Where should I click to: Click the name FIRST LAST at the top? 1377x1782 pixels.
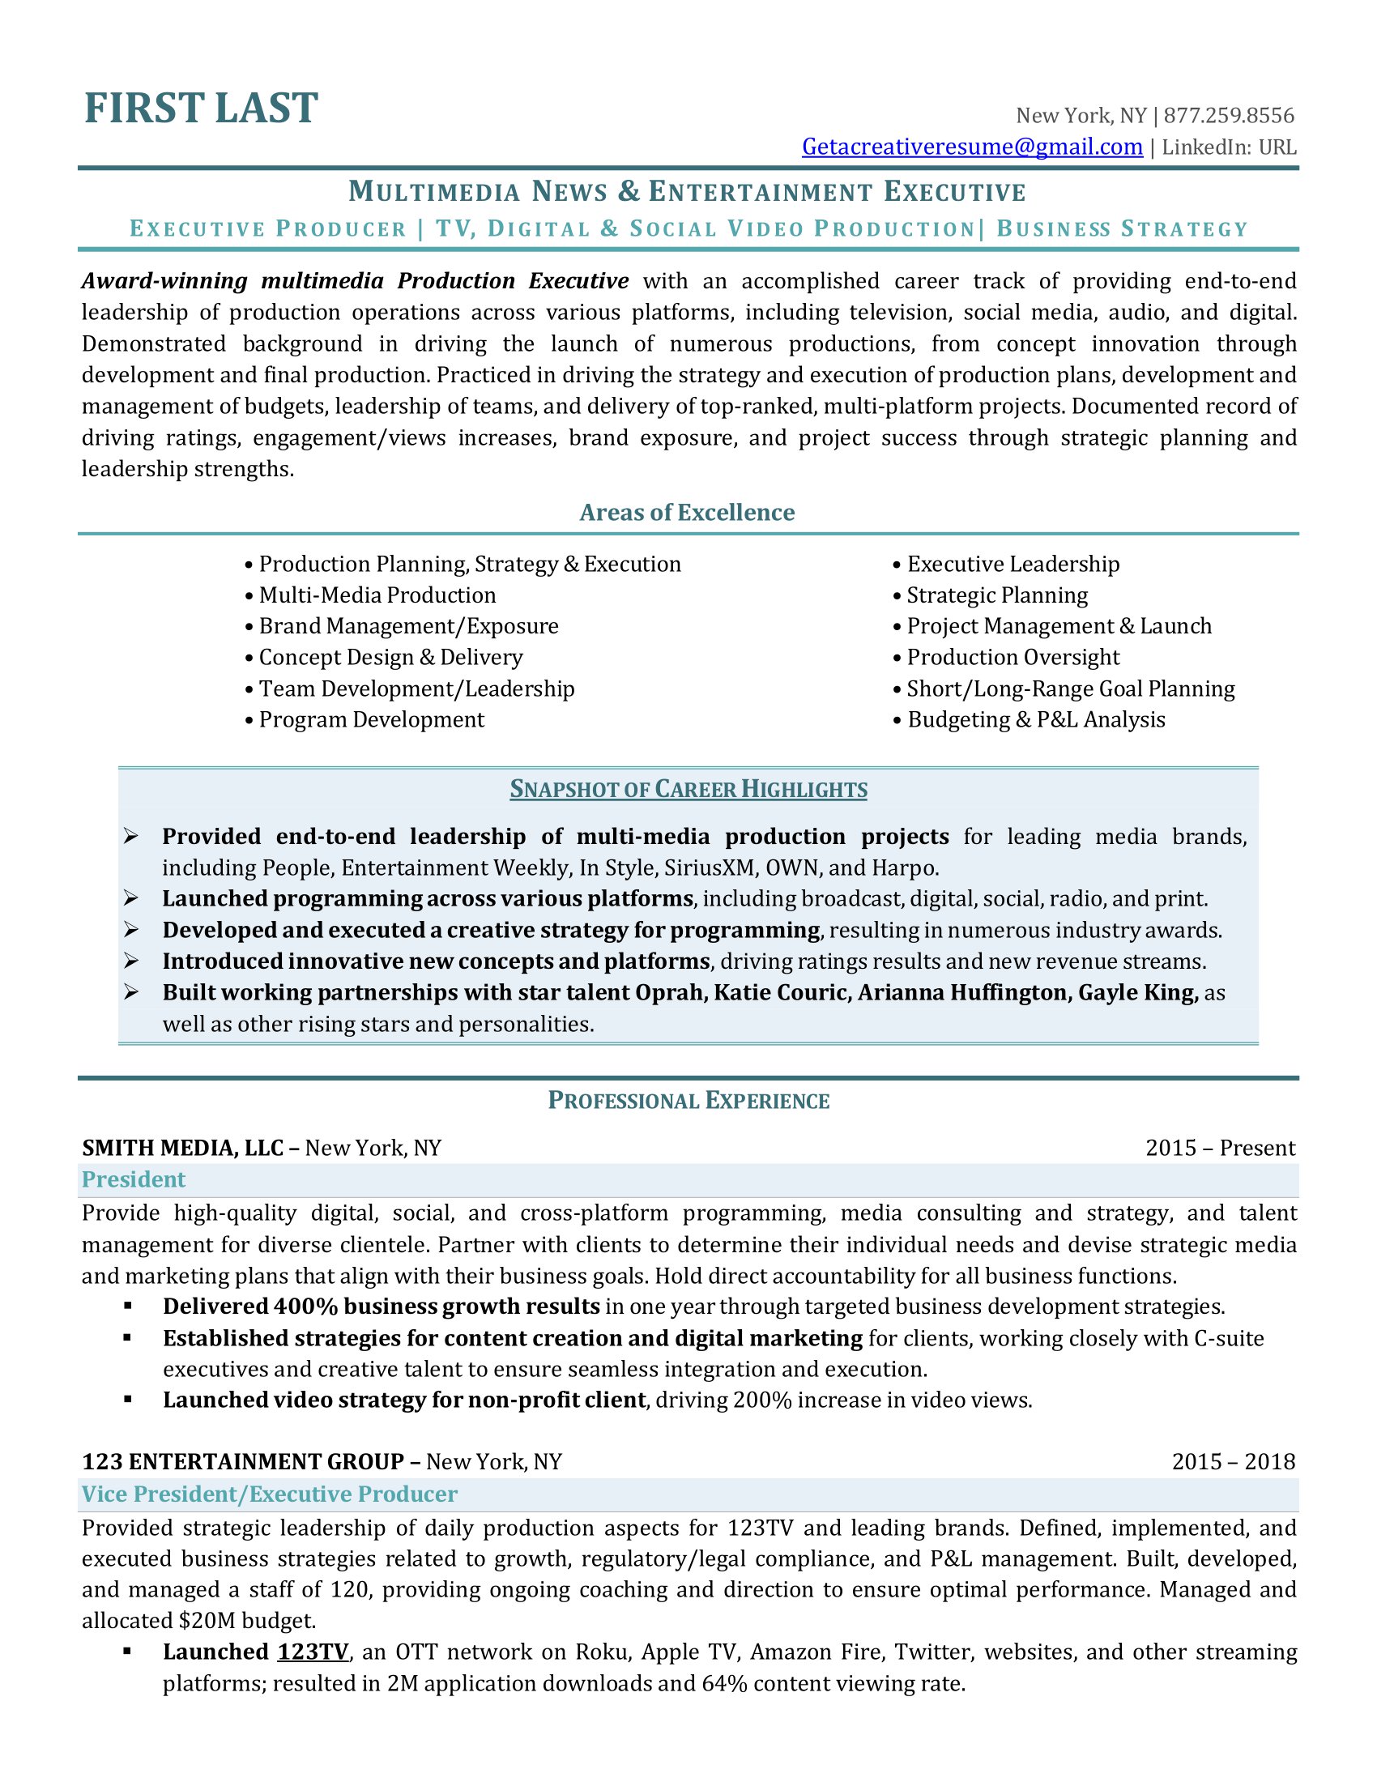[x=201, y=109]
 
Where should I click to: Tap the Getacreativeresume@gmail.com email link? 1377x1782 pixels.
[x=971, y=147]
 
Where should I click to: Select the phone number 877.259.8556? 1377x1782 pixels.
[x=1229, y=116]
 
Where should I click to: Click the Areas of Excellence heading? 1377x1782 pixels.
[x=687, y=513]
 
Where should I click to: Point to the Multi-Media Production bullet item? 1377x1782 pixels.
[x=377, y=595]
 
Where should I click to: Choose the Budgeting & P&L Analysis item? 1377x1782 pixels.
[x=1036, y=719]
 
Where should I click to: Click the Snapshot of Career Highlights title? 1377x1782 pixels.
[x=688, y=790]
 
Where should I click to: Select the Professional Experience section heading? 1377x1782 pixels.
[x=688, y=1101]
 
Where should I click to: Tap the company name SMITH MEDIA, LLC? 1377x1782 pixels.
[x=183, y=1148]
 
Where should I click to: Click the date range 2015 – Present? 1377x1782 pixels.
[x=1220, y=1148]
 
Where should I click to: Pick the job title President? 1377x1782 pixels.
[x=134, y=1180]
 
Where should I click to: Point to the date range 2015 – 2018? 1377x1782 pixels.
[x=1233, y=1461]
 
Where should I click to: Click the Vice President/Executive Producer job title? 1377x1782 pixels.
[x=269, y=1494]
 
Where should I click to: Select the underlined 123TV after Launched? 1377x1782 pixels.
[x=313, y=1652]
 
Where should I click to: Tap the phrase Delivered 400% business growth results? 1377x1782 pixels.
[x=381, y=1307]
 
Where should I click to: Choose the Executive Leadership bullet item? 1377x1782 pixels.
[x=1013, y=565]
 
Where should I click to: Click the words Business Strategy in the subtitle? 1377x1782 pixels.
[x=1122, y=229]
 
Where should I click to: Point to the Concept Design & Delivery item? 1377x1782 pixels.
[x=390, y=658]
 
